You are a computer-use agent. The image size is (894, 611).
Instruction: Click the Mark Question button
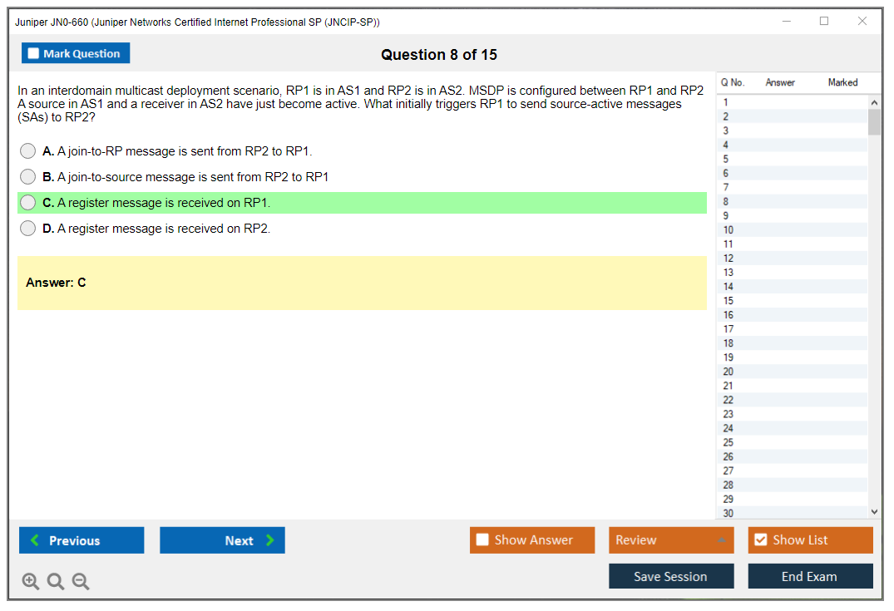tap(76, 53)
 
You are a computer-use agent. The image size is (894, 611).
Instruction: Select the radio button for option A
tap(28, 151)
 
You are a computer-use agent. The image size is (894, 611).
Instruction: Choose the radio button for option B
tap(28, 177)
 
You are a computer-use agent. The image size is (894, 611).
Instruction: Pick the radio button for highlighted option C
tap(28, 202)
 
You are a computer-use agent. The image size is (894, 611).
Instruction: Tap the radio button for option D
tap(28, 229)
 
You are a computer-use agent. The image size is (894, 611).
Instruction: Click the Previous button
tap(81, 540)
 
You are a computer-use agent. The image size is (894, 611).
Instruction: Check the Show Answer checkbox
tap(482, 540)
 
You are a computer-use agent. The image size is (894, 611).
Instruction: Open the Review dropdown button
tap(671, 540)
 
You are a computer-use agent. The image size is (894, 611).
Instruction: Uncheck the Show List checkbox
tap(761, 540)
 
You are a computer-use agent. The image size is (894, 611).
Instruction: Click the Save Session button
tap(671, 576)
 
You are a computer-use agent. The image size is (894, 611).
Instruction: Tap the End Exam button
tap(810, 576)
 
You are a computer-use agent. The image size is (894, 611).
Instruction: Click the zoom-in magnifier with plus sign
tap(30, 581)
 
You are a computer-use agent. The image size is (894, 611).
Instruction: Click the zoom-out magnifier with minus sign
tap(81, 581)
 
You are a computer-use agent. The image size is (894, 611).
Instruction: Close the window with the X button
tap(862, 21)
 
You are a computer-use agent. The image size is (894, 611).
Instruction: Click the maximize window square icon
tap(824, 21)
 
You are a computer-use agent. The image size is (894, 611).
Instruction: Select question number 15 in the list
tap(728, 301)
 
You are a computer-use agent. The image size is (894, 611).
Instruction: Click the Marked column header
tap(842, 82)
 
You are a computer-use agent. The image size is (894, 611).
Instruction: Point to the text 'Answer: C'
tap(56, 283)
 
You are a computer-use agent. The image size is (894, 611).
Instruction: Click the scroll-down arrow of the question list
tap(875, 512)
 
